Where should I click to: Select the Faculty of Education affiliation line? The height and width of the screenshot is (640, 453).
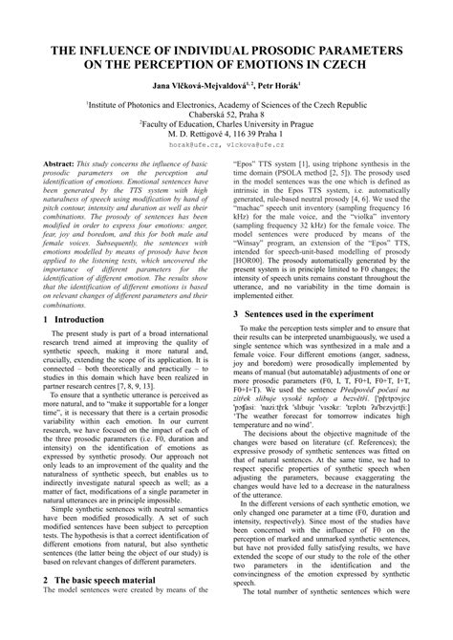tap(226, 123)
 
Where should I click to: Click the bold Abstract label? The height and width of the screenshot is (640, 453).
tap(62, 166)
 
